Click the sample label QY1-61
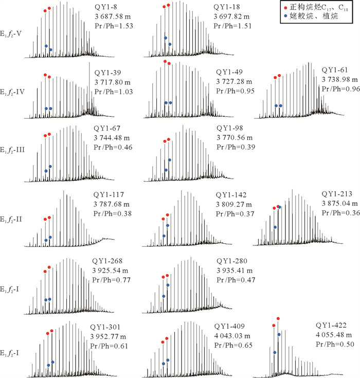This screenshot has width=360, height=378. click(335, 69)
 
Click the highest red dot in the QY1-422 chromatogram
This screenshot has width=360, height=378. click(278, 319)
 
